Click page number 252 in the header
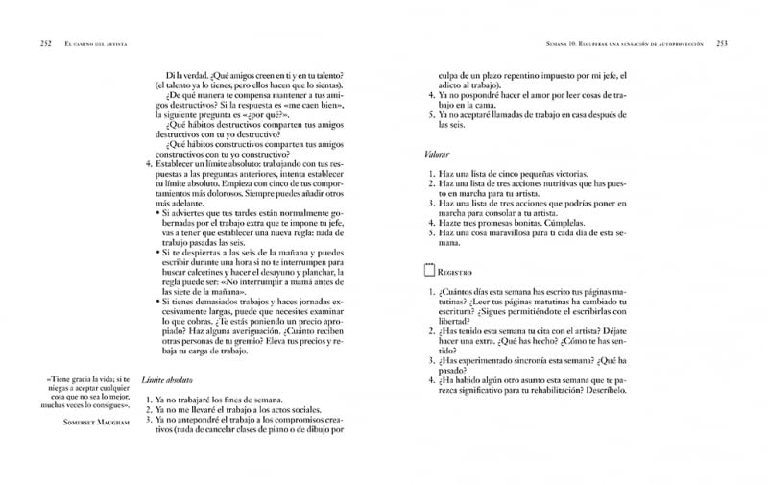[x=45, y=43]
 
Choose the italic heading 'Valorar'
[x=437, y=154]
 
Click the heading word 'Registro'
[x=455, y=273]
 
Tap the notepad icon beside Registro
[x=429, y=272]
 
